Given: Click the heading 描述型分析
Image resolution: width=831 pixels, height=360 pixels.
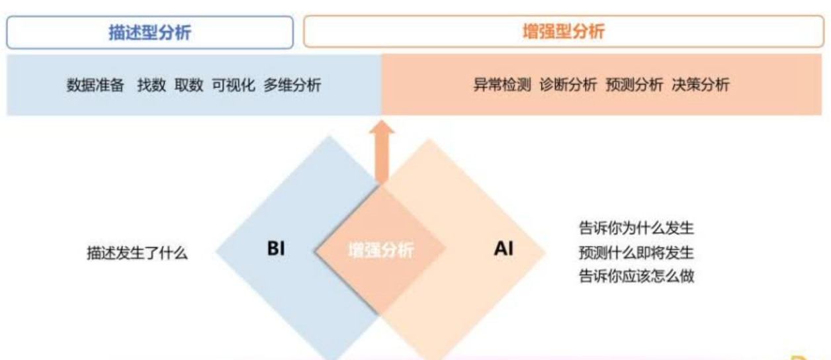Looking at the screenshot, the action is (x=150, y=32).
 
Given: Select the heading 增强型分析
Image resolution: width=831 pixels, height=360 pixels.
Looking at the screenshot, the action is (x=564, y=32).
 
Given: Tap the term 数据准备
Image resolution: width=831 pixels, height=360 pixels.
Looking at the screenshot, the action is (x=95, y=85).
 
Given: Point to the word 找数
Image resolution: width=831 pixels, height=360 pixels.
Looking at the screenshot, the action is (x=152, y=85).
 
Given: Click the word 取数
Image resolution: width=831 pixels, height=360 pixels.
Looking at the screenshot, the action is (x=189, y=85).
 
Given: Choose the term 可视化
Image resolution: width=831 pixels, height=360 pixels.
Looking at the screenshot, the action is (x=234, y=85).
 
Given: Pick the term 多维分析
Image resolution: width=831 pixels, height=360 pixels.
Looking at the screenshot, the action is (x=292, y=85).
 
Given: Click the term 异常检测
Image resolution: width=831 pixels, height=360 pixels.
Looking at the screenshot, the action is (x=502, y=85).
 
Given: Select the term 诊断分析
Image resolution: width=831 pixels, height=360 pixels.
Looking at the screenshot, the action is (x=568, y=85).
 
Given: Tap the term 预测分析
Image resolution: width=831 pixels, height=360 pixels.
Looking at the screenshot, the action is (x=634, y=85).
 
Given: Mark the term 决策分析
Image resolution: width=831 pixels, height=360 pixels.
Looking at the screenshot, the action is (x=701, y=85).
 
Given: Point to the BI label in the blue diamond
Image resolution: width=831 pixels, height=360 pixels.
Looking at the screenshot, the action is (x=276, y=249).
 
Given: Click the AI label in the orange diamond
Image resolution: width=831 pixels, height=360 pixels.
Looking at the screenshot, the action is (x=503, y=249).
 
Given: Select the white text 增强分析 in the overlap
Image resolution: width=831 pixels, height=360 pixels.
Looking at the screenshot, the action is (x=381, y=251).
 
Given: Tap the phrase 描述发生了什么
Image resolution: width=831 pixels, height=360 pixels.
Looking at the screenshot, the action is (x=137, y=253).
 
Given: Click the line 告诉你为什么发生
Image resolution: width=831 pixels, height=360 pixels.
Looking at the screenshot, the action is (x=636, y=229).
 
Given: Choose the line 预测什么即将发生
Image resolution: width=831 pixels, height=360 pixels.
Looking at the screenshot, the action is (x=636, y=253).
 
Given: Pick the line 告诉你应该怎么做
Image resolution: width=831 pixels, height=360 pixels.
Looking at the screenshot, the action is (x=636, y=276).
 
